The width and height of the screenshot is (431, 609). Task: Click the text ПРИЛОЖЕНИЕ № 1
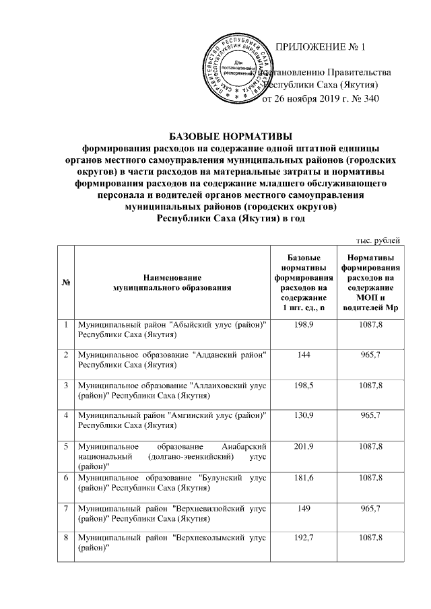point(321,48)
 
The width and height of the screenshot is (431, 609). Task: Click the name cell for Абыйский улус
point(172,330)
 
